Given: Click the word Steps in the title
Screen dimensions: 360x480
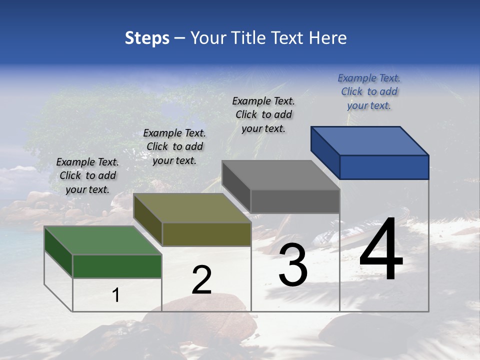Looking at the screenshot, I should coord(147,38).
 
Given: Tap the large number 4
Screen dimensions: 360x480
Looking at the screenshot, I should coord(381,250).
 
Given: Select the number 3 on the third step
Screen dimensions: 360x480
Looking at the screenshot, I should coord(293,265).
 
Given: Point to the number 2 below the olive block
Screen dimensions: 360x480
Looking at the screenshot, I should coord(201,280).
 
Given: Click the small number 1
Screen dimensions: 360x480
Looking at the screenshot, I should coord(116,295).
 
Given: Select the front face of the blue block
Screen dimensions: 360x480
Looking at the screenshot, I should coord(384,167).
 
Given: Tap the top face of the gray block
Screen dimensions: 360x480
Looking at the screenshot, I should coord(281,175).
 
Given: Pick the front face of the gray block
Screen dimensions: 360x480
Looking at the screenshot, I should coord(295,201).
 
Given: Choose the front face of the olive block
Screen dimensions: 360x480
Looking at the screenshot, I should coord(206,234).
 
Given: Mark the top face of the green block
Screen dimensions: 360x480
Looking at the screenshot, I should coord(103,240).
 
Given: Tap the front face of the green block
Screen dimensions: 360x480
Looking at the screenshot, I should coord(117,266).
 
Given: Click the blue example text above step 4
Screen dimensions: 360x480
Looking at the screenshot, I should coord(369,92).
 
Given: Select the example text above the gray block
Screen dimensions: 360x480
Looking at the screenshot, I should coord(263,115).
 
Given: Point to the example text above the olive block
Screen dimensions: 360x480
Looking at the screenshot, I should coord(174,147).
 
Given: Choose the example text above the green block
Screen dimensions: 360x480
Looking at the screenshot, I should coord(87,176).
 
